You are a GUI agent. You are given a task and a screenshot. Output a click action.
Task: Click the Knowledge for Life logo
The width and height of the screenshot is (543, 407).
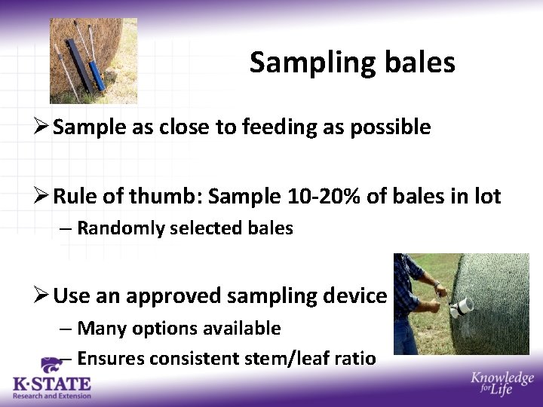pos(502,384)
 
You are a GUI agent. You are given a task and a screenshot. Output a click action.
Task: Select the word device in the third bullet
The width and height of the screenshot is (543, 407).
pos(360,296)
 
